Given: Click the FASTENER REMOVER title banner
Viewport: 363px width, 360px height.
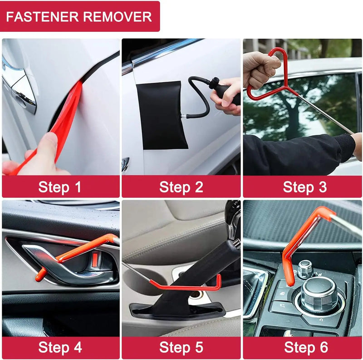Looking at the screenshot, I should [80, 17].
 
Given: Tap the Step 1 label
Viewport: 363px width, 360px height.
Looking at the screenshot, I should [60, 187].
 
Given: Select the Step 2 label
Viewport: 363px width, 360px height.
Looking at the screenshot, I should [181, 187].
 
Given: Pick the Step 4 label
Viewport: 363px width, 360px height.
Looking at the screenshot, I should [60, 348].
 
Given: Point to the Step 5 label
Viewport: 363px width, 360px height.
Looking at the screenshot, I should [181, 348].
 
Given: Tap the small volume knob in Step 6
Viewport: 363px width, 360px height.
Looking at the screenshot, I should [305, 269].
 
